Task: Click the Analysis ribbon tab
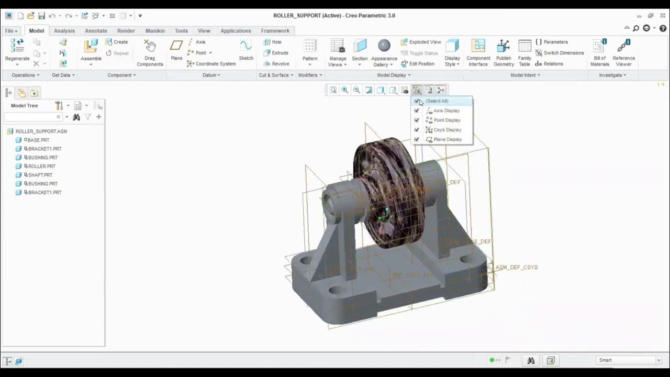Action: [x=64, y=31]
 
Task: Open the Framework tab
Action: [x=275, y=31]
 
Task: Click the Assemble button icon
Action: [x=91, y=47]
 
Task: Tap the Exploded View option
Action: [x=421, y=42]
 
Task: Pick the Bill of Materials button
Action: [x=599, y=52]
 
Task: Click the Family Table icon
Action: [x=524, y=52]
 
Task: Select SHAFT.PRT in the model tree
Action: [x=40, y=175]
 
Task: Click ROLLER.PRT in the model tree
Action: [x=41, y=166]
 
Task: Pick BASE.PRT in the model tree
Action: [x=38, y=140]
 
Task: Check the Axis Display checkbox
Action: [x=417, y=110]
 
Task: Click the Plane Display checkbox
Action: [x=417, y=139]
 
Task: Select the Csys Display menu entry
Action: [x=447, y=130]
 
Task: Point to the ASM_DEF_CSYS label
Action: [x=516, y=267]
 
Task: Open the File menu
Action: [x=10, y=31]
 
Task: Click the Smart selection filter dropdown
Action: [x=629, y=360]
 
